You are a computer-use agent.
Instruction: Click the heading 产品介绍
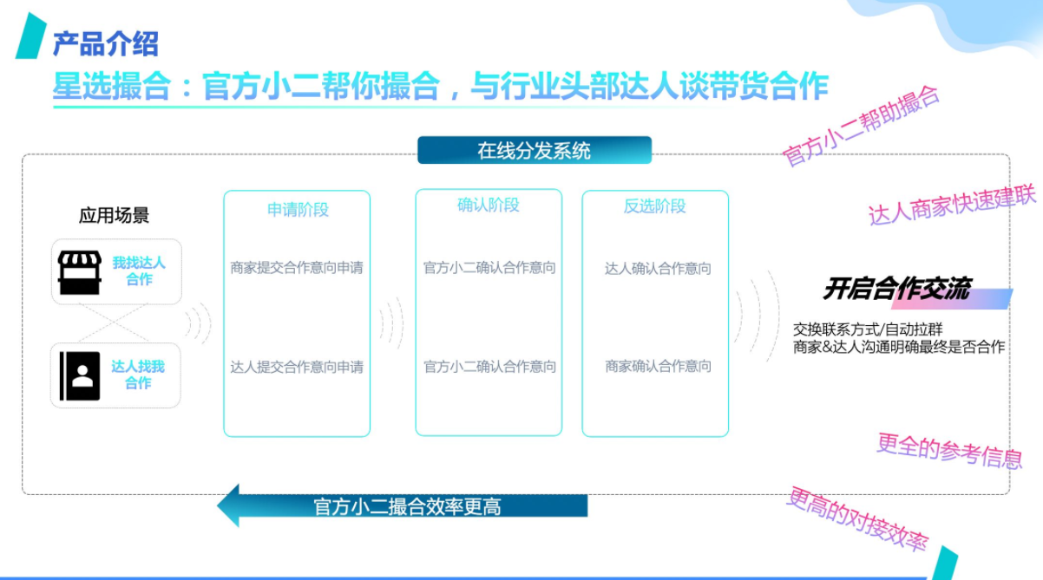pyautogui.click(x=106, y=44)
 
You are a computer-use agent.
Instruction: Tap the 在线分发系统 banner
pyautogui.click(x=534, y=150)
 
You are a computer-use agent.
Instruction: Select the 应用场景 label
pyautogui.click(x=114, y=215)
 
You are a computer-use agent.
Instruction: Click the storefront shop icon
pyautogui.click(x=79, y=272)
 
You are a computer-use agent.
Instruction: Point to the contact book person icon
pyautogui.click(x=80, y=375)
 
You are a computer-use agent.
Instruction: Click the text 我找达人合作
pyautogui.click(x=139, y=271)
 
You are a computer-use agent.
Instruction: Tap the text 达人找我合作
pyautogui.click(x=138, y=375)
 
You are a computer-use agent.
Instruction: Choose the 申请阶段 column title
pyautogui.click(x=298, y=210)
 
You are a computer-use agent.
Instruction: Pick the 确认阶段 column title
pyautogui.click(x=488, y=205)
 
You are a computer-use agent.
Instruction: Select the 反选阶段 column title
pyautogui.click(x=654, y=206)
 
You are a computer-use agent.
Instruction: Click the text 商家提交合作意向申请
pyautogui.click(x=297, y=268)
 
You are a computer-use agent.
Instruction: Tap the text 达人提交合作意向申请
pyautogui.click(x=297, y=368)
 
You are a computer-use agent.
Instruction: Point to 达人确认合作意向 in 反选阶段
pyautogui.click(x=658, y=269)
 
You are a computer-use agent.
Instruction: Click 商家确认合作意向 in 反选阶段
pyautogui.click(x=658, y=367)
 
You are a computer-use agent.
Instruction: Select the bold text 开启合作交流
pyautogui.click(x=896, y=289)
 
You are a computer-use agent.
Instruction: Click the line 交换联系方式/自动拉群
pyautogui.click(x=868, y=329)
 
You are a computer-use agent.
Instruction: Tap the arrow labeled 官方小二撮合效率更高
pyautogui.click(x=403, y=505)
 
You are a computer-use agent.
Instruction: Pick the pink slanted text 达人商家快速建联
pyautogui.click(x=952, y=205)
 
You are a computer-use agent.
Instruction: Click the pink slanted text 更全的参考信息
pyautogui.click(x=949, y=451)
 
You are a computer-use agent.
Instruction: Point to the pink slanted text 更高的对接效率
pyautogui.click(x=857, y=519)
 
